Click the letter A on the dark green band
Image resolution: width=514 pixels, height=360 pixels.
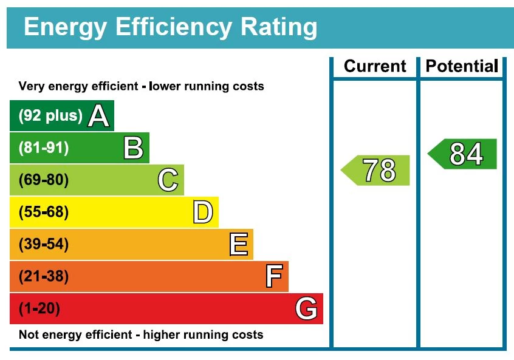pyautogui.click(x=98, y=116)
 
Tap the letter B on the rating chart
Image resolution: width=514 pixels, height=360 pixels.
pyautogui.click(x=133, y=148)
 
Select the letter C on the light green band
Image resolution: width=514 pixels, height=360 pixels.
pyautogui.click(x=168, y=180)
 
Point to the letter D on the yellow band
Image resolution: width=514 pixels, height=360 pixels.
pyautogui.click(x=203, y=212)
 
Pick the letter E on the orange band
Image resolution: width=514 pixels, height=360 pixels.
pyautogui.click(x=238, y=245)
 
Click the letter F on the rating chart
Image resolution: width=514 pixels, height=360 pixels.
pyautogui.click(x=273, y=277)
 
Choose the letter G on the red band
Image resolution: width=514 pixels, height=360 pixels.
pyautogui.click(x=306, y=309)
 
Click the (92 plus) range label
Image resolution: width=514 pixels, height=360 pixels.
pyautogui.click(x=50, y=116)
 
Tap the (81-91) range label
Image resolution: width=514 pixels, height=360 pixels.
pyautogui.click(x=44, y=148)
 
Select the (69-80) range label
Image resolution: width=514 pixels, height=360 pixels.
pyautogui.click(x=44, y=180)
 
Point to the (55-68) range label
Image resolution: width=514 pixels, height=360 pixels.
pyautogui.click(x=44, y=212)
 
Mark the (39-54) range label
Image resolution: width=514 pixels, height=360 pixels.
pyautogui.click(x=44, y=245)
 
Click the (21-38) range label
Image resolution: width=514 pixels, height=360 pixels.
pyautogui.click(x=44, y=277)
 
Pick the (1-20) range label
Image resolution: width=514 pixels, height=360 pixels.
pyautogui.click(x=40, y=309)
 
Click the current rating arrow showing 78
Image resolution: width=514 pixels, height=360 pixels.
pyautogui.click(x=377, y=171)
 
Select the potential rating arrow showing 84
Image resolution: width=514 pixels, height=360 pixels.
pyautogui.click(x=464, y=154)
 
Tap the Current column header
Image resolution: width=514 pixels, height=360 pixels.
pyautogui.click(x=375, y=66)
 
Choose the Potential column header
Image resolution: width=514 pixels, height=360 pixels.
pyautogui.click(x=462, y=66)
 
